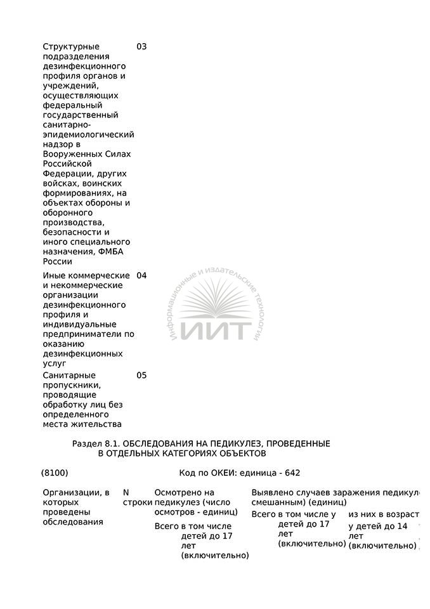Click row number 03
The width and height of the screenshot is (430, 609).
[141, 47]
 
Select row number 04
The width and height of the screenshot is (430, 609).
[141, 276]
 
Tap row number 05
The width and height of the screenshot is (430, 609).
[141, 376]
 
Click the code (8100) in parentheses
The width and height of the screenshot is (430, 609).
[55, 473]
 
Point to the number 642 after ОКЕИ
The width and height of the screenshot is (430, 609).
[292, 473]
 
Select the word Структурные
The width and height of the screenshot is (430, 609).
[71, 47]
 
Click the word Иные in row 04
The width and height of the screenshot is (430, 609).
[53, 276]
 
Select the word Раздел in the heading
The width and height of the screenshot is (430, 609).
[86, 443]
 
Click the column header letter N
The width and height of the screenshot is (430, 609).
[126, 493]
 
